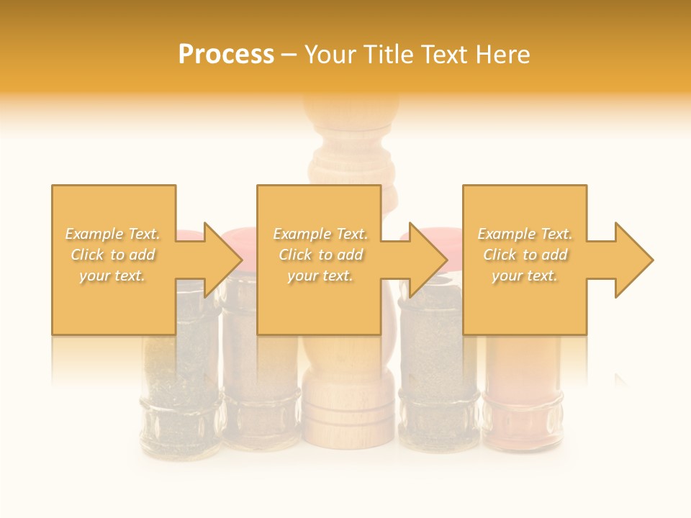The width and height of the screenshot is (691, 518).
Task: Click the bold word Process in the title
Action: click(x=226, y=55)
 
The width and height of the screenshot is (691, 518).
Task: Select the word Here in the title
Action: click(x=504, y=55)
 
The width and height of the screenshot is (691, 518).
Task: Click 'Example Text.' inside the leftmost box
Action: click(x=113, y=234)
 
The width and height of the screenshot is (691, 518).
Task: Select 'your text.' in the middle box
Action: click(x=320, y=276)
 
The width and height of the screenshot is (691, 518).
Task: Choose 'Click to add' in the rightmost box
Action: click(x=525, y=255)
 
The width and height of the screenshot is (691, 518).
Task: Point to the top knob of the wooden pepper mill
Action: click(x=351, y=108)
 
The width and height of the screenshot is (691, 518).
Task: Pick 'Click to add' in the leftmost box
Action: click(x=113, y=255)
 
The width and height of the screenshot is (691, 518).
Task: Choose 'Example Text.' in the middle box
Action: click(x=320, y=234)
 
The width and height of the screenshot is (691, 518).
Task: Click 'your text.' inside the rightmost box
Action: click(x=525, y=276)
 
